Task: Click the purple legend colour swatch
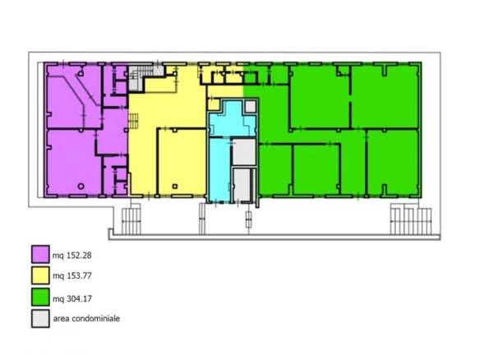click(40, 254)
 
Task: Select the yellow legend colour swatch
click(40, 275)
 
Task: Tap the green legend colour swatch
click(40, 297)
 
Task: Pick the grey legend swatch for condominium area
click(40, 319)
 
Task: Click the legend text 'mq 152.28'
click(72, 256)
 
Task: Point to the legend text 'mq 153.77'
click(72, 276)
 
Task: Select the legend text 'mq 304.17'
click(72, 298)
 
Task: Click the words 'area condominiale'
click(86, 318)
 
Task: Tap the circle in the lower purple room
click(81, 186)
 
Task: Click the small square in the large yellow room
click(175, 186)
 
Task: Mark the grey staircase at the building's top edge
click(141, 77)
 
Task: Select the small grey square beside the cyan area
click(251, 107)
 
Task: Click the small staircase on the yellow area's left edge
click(133, 121)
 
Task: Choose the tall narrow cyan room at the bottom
click(219, 170)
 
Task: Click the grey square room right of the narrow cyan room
click(244, 152)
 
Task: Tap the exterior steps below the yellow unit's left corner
click(132, 221)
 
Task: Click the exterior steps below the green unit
click(411, 221)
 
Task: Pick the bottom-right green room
click(392, 163)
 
